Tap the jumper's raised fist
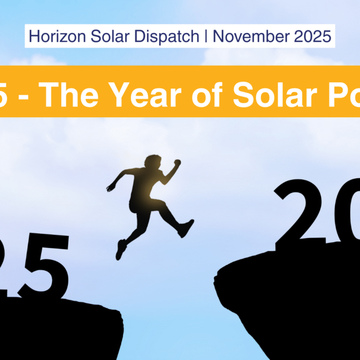[x=177, y=164]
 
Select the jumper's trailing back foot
[x=121, y=249]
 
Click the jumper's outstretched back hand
[x=110, y=188]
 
